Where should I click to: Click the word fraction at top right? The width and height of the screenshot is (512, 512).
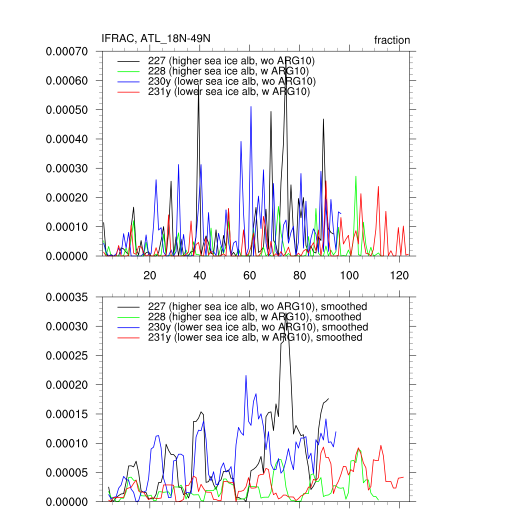tap(392, 40)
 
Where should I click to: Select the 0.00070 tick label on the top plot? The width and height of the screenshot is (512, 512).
tap(67, 51)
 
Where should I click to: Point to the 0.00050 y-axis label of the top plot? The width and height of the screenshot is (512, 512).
tap(67, 110)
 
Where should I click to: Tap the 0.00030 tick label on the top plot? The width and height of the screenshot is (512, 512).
tap(67, 168)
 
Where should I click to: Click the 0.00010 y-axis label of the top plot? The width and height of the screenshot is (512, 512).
tap(67, 227)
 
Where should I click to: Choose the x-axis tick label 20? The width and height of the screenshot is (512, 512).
tap(149, 275)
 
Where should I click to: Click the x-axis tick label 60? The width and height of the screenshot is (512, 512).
tap(249, 275)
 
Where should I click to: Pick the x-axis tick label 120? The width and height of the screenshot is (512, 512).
tap(399, 275)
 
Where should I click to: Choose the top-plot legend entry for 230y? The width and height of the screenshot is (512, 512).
tap(232, 81)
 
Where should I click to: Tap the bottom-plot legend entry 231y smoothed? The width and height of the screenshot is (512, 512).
tap(255, 337)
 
